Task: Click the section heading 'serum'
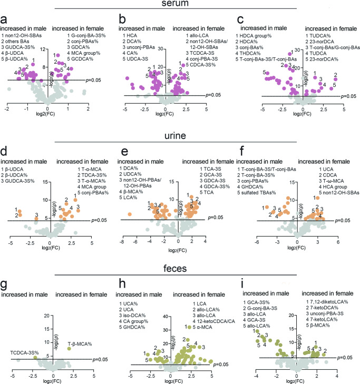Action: (x=179, y=4)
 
